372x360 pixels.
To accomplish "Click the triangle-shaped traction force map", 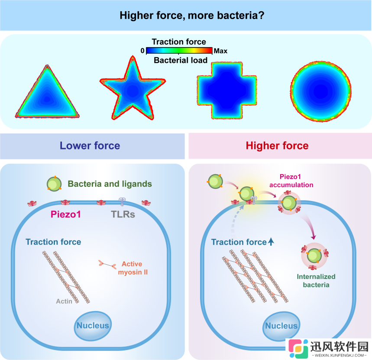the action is click(x=47, y=95).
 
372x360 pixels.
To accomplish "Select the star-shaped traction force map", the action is click(x=133, y=90).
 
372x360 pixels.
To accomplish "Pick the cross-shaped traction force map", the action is click(x=227, y=91).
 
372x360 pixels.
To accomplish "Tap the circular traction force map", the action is click(x=321, y=91).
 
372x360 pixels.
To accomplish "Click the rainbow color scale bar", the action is click(x=179, y=51).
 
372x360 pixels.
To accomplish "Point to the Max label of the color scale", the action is click(x=220, y=51).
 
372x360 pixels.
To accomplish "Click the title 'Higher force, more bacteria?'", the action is click(x=192, y=16).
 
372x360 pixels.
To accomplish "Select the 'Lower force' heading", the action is click(x=90, y=146).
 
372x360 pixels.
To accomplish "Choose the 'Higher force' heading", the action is click(x=277, y=146).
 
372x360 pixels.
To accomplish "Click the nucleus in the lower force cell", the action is click(x=93, y=326).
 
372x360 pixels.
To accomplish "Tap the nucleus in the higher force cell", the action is click(x=281, y=326).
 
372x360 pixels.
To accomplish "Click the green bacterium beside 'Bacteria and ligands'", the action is click(x=54, y=184).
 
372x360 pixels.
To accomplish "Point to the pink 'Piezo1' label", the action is click(x=66, y=214).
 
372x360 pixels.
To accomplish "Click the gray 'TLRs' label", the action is click(x=123, y=214).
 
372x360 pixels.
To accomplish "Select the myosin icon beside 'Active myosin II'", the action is click(x=107, y=264).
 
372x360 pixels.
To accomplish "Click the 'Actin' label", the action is click(x=64, y=301).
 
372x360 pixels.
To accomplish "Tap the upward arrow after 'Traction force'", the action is click(x=271, y=242).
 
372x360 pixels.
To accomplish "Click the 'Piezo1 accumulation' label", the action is click(x=291, y=181).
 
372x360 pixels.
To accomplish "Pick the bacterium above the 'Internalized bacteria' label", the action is click(x=314, y=256).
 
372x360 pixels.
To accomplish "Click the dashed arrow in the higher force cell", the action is click(x=235, y=218).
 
